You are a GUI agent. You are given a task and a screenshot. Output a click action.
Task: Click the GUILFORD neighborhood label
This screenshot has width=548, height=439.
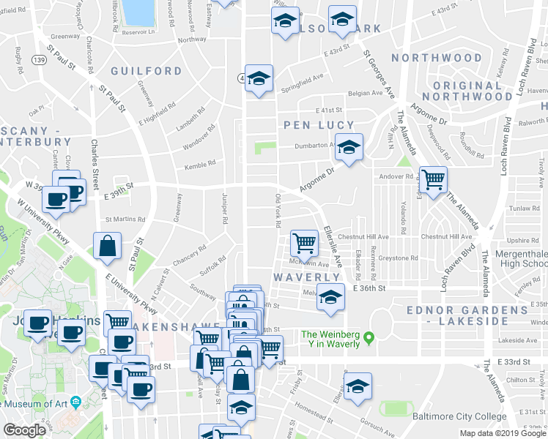[146, 71]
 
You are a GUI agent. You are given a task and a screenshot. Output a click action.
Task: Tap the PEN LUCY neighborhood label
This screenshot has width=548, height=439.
[319, 125]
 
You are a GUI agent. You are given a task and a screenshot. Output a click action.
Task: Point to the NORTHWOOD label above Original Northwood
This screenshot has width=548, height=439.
[436, 58]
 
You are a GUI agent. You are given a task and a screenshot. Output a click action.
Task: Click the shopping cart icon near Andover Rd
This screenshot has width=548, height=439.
[433, 179]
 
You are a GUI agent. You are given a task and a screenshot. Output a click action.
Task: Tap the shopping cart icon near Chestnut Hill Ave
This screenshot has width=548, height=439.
[304, 242]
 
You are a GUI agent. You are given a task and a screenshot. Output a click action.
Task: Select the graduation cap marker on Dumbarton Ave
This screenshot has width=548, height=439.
[349, 147]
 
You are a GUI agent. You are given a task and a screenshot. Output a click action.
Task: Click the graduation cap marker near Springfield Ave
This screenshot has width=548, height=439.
[259, 79]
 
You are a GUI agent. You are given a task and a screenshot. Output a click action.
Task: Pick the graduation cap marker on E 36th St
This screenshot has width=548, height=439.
[331, 298]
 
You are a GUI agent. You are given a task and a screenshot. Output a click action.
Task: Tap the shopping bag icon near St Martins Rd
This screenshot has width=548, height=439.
[108, 247]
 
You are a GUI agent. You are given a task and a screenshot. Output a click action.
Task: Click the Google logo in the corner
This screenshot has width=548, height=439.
[24, 430]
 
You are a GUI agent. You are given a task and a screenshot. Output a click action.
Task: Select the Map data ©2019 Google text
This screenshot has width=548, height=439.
[503, 433]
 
